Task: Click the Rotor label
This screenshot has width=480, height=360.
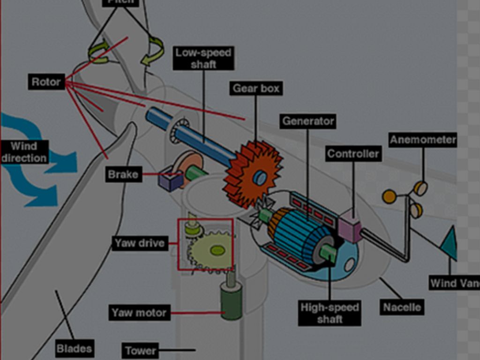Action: tap(46, 82)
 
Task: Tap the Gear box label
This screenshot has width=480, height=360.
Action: tap(256, 88)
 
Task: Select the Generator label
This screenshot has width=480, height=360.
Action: tap(308, 121)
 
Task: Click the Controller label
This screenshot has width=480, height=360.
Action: tap(353, 153)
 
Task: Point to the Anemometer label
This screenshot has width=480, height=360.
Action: tap(423, 140)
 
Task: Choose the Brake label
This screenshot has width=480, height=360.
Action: tap(123, 175)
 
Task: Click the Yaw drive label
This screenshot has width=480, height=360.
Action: tap(140, 243)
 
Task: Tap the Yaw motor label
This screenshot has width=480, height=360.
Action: tap(139, 313)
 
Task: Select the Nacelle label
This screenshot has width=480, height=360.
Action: tap(402, 307)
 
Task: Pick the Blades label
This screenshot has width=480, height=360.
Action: tap(74, 349)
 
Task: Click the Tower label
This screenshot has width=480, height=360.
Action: tap(140, 351)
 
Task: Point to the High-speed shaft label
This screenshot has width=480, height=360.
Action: tap(330, 313)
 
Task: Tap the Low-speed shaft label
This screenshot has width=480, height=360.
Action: tap(203, 58)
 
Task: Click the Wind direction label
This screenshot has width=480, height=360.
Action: tap(24, 152)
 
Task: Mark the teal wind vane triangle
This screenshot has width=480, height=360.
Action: tap(450, 243)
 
